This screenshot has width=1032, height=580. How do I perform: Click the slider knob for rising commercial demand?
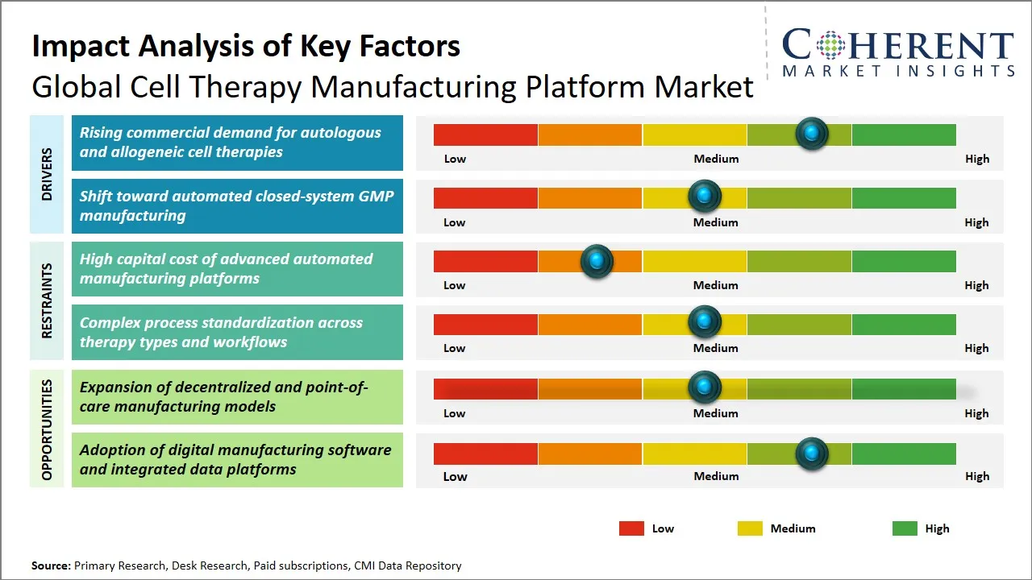[x=812, y=134]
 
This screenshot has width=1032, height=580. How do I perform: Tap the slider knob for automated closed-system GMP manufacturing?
[x=705, y=196]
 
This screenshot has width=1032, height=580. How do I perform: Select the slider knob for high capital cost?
[x=597, y=260]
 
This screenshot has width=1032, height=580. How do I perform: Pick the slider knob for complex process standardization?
[x=705, y=322]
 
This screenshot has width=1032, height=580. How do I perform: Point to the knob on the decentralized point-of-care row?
[x=705, y=387]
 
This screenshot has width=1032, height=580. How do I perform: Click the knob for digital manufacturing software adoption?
[x=812, y=454]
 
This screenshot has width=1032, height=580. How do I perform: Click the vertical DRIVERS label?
[x=47, y=174]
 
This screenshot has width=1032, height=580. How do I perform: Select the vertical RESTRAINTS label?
[x=47, y=300]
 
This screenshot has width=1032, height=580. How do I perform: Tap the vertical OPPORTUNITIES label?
[x=47, y=429]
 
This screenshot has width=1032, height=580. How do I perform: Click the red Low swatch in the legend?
[x=631, y=528]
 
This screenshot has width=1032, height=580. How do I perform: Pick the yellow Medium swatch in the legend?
[x=750, y=528]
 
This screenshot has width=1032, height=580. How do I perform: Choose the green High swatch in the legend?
[x=905, y=528]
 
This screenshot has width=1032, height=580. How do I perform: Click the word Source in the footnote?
[x=50, y=565]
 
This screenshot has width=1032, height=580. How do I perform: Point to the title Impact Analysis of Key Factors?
[x=246, y=46]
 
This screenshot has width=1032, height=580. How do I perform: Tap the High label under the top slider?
[x=976, y=159]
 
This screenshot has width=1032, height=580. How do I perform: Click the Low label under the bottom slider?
[x=455, y=476]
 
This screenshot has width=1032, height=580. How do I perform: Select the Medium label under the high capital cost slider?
[x=715, y=285]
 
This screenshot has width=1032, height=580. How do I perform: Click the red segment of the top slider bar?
[x=485, y=135]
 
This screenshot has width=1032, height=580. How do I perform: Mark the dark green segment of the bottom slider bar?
[x=903, y=454]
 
